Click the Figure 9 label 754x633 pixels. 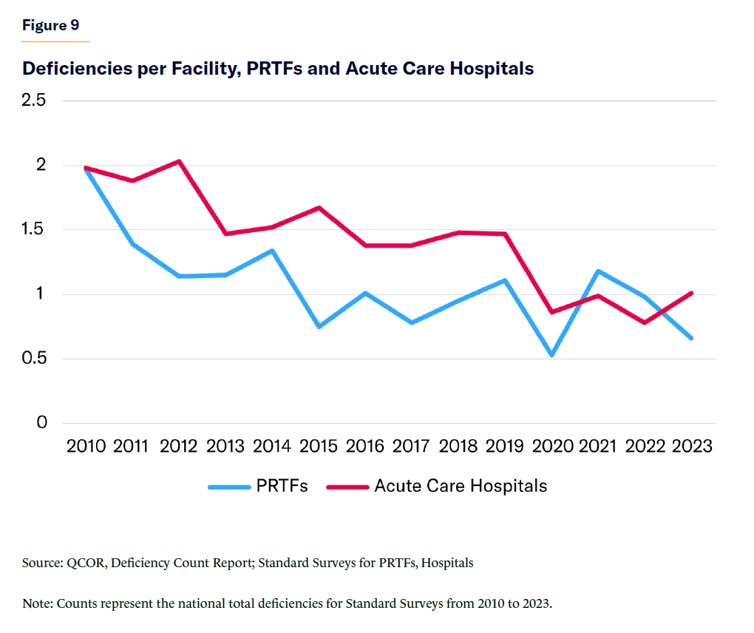click(x=50, y=26)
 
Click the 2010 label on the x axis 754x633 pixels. click(x=86, y=447)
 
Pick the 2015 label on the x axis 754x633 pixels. click(x=319, y=447)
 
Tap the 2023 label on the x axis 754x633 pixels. click(x=691, y=447)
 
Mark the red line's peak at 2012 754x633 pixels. click(x=179, y=161)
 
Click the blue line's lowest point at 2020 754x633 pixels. click(x=551, y=355)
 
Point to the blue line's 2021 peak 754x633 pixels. click(x=598, y=271)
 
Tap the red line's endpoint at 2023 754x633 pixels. click(x=691, y=293)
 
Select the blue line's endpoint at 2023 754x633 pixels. click(x=691, y=338)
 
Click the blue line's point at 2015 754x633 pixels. click(x=319, y=326)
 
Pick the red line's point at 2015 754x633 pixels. click(x=319, y=208)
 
